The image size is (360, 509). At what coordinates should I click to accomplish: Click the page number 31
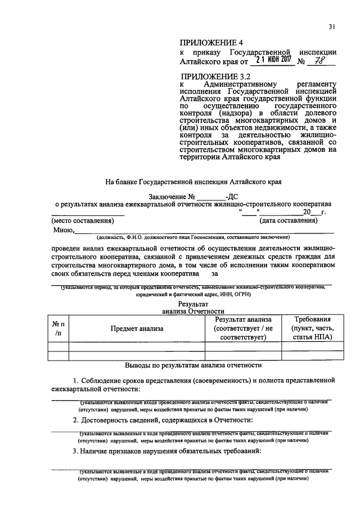[332, 26]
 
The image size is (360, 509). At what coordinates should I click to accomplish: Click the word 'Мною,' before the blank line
[64, 230]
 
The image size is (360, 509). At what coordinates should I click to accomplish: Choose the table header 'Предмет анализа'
[136, 328]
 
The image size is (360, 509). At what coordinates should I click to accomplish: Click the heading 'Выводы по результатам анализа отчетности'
[193, 365]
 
